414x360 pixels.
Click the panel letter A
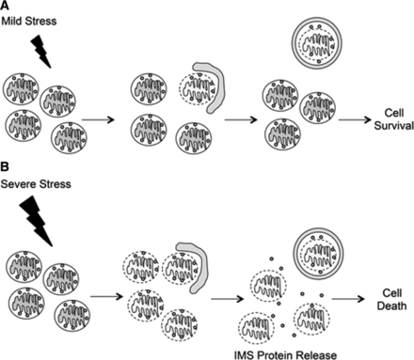5,6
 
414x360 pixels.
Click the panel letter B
5,167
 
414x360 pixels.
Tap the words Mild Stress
29,22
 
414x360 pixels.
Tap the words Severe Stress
36,184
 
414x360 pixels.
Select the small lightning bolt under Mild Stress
41,51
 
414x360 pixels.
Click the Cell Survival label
393,119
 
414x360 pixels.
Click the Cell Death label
391,300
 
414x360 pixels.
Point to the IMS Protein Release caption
285,355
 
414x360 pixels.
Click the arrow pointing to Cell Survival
355,119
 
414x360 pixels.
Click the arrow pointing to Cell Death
348,299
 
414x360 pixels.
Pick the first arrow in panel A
98,119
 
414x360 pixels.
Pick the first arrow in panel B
106,296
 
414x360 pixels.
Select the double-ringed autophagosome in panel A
317,43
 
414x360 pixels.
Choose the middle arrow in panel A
241,119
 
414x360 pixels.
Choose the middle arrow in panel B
228,299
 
